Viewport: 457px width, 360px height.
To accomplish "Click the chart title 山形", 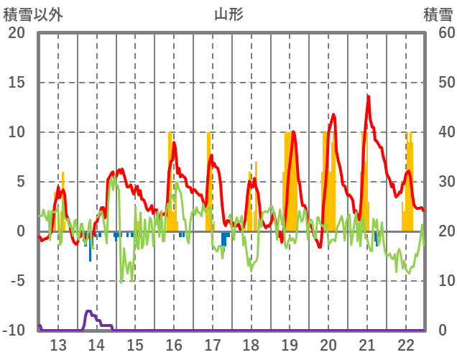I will (x=228, y=14).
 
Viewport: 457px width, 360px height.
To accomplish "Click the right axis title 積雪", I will (x=438, y=14).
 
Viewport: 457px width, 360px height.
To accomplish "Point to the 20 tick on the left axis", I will (x=17, y=33).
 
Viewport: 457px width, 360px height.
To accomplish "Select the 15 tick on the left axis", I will (x=17, y=83).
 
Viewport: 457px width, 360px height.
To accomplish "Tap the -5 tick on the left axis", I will (x=17, y=281).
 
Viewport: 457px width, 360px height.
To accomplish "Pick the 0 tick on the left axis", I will (x=21, y=231).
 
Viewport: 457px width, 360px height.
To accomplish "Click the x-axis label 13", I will (x=58, y=344).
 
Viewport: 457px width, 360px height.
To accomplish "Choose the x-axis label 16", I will (x=174, y=344).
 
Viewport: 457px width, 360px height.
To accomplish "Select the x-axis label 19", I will (x=290, y=344).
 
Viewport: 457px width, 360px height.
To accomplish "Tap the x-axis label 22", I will (x=405, y=344).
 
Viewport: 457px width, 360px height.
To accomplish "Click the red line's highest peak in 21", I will (x=368, y=97).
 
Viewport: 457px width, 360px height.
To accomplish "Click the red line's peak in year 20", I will (x=333, y=115).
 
